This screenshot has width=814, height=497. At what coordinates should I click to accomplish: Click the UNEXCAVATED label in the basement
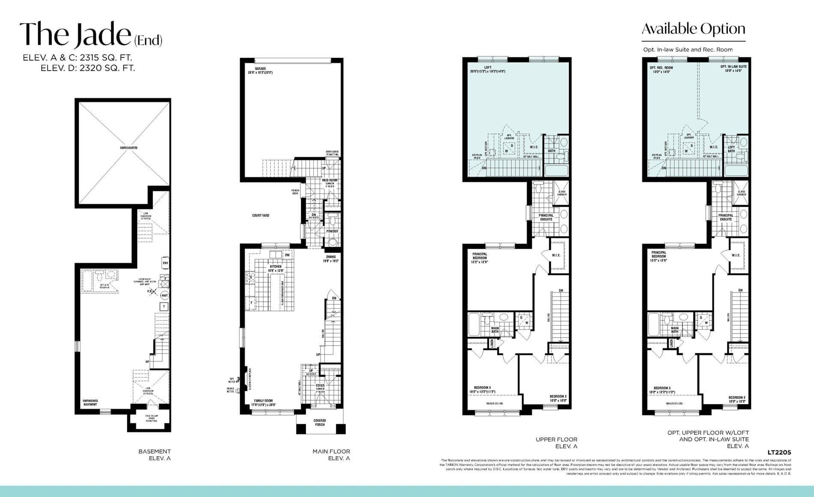click(129, 148)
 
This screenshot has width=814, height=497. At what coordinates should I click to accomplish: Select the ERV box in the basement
click(165, 263)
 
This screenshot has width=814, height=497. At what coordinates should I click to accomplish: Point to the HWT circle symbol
click(165, 295)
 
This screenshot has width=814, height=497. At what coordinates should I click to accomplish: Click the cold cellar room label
click(151, 418)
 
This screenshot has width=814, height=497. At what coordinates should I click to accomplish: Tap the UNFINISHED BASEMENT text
click(90, 402)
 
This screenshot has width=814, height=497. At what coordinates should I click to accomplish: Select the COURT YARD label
click(260, 215)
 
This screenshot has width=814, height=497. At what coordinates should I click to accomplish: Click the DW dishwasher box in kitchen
click(287, 255)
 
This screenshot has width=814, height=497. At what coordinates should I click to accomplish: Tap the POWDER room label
click(332, 231)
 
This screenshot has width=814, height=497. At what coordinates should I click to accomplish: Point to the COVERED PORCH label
click(320, 423)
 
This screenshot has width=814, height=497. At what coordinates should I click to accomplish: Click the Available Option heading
click(693, 29)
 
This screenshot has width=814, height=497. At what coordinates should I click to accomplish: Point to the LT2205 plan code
click(779, 452)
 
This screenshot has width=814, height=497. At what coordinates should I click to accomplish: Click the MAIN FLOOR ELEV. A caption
click(331, 455)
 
